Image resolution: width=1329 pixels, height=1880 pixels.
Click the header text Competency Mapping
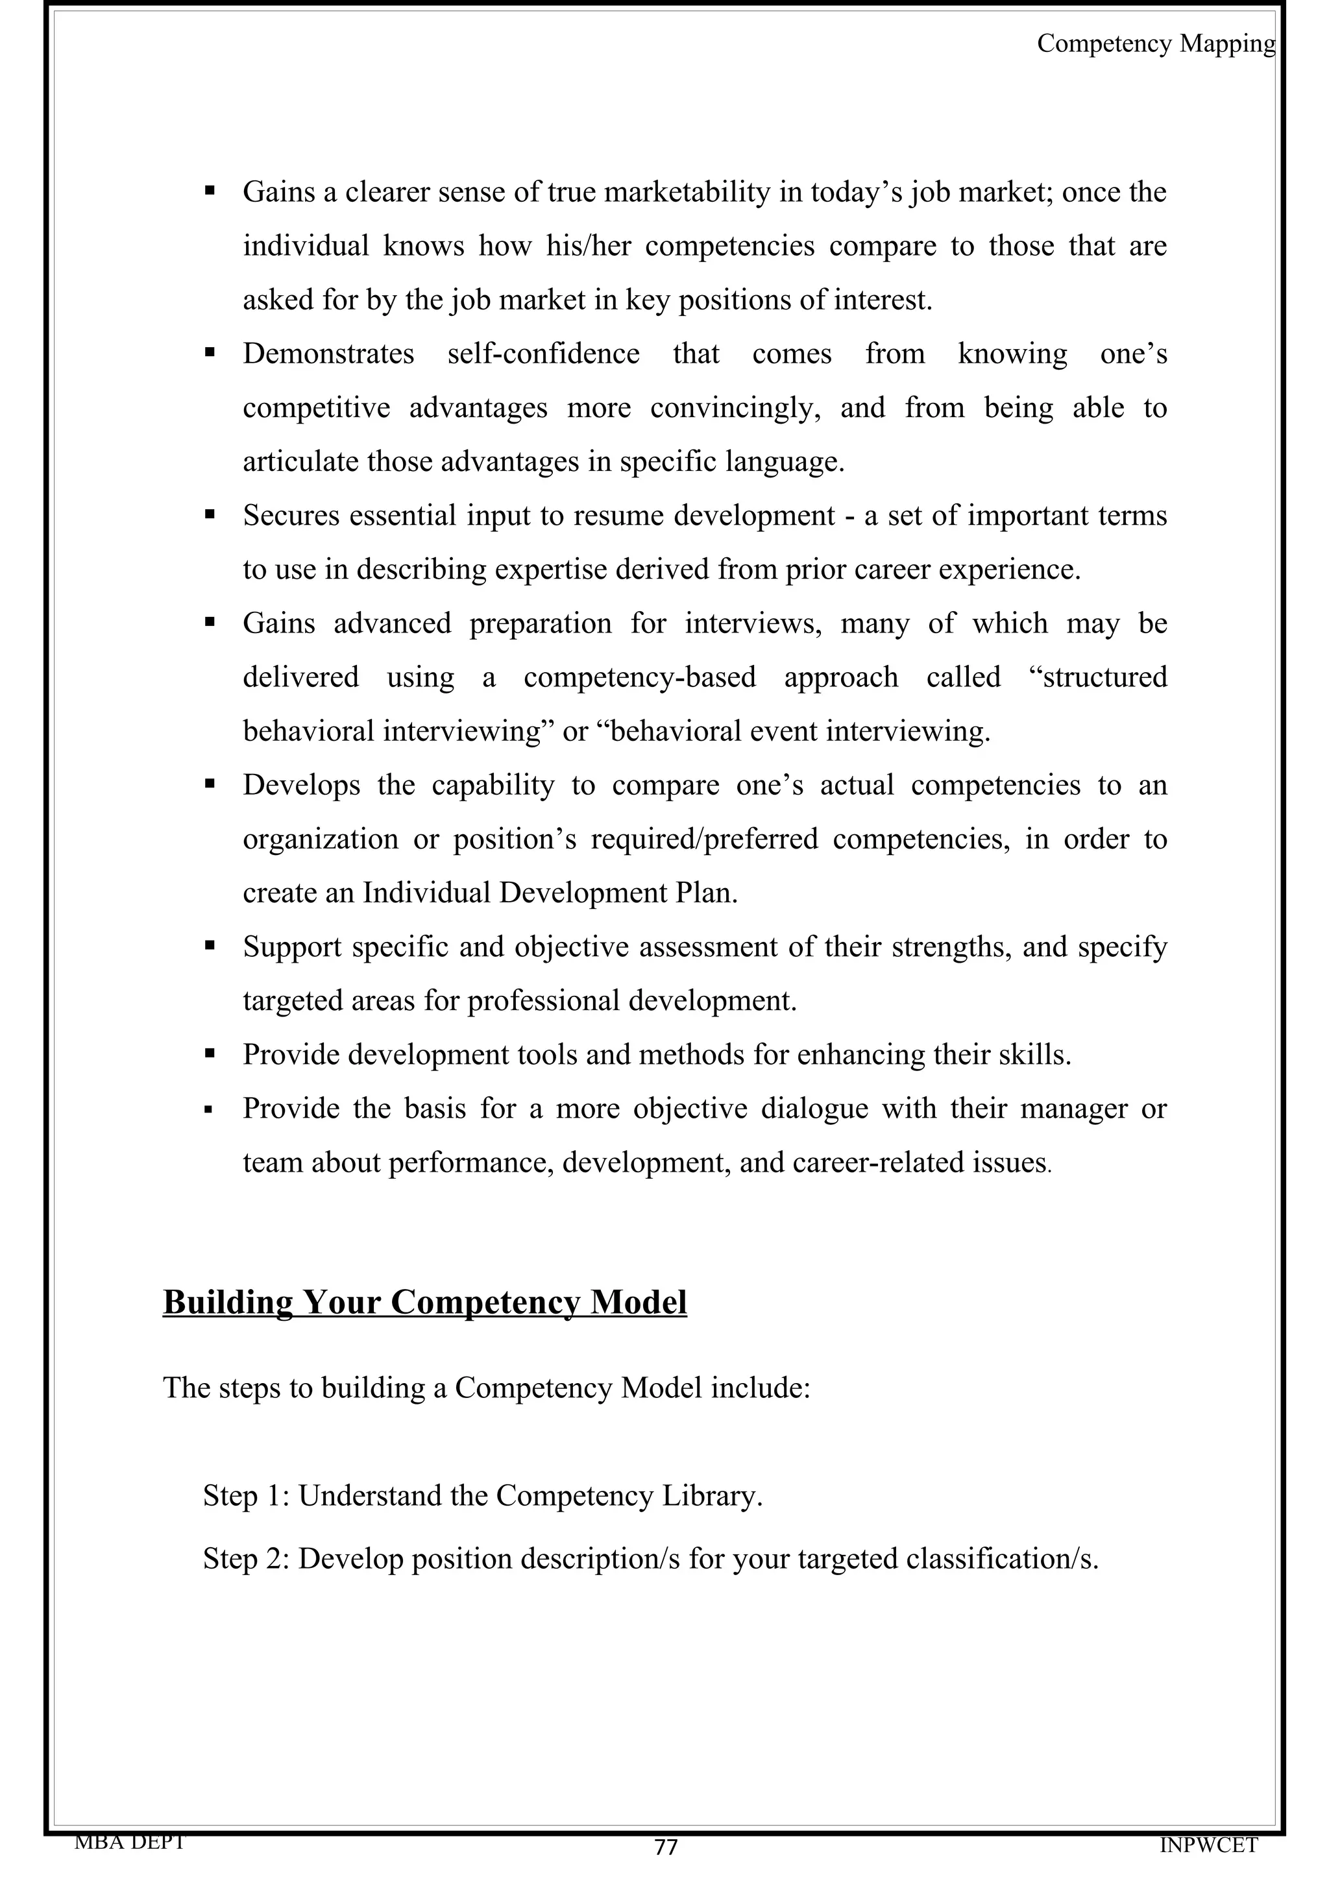click(x=1155, y=43)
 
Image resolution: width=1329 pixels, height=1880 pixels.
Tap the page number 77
click(x=666, y=1846)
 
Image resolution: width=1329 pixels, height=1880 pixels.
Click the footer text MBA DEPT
click(x=129, y=1842)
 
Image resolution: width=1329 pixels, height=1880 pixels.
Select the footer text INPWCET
click(x=1209, y=1845)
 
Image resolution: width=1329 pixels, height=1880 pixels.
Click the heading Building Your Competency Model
click(x=424, y=1301)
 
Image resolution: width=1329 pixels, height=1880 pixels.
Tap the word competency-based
click(x=640, y=677)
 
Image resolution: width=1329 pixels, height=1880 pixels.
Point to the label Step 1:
click(x=247, y=1495)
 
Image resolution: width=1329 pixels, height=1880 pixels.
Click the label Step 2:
click(x=247, y=1558)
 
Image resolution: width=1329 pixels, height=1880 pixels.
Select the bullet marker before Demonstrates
click(x=210, y=354)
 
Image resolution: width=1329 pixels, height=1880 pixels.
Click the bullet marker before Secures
click(x=210, y=516)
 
